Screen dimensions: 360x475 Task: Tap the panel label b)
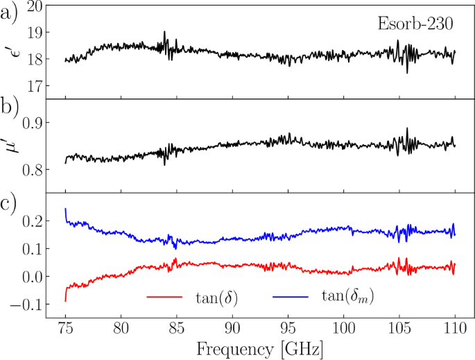tap(9, 109)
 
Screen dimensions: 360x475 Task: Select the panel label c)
tap(9, 205)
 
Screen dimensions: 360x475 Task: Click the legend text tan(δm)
tap(347, 297)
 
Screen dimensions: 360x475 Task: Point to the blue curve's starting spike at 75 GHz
tap(66, 212)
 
